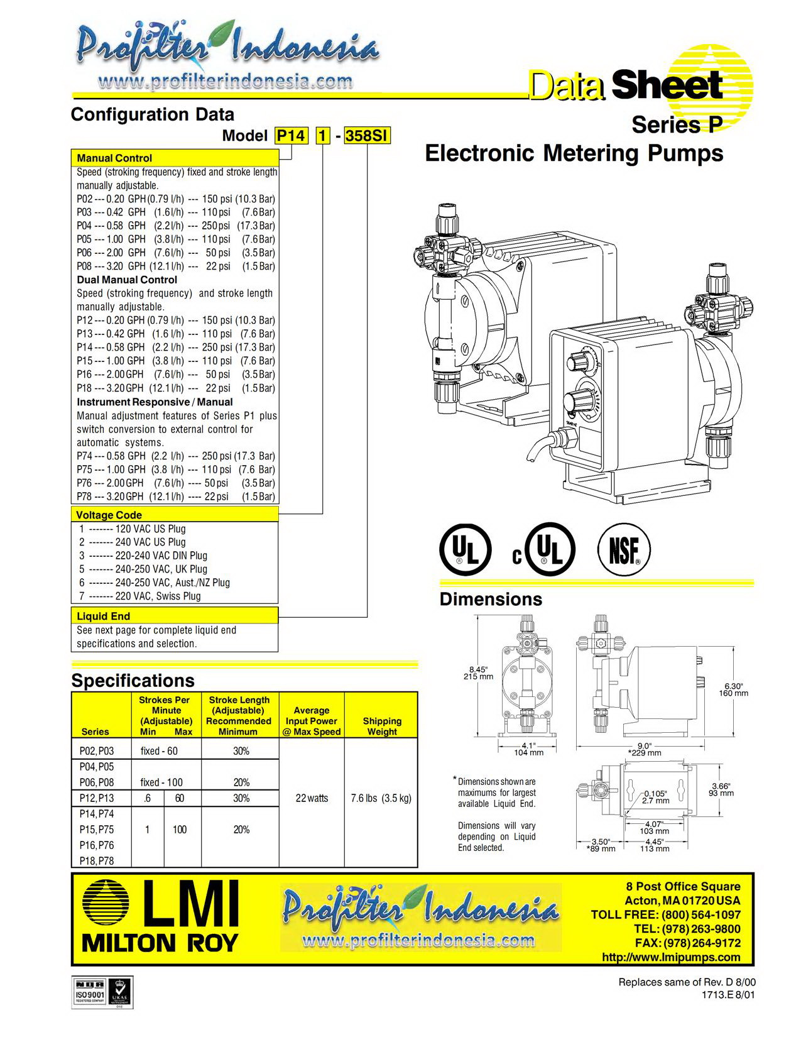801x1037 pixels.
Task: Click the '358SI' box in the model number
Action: point(368,136)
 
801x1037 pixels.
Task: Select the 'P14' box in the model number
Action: point(292,136)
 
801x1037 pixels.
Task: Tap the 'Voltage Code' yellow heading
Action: point(109,515)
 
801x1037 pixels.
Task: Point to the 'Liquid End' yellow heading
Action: point(104,616)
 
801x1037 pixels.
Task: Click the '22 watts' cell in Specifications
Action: point(312,798)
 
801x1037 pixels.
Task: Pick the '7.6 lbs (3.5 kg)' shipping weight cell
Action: point(381,798)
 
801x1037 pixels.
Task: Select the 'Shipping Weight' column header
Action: point(381,726)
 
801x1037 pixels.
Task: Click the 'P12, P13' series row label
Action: point(97,798)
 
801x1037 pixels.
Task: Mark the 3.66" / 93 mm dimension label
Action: point(722,789)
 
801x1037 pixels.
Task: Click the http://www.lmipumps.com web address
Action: point(671,957)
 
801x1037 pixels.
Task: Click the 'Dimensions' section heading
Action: point(491,599)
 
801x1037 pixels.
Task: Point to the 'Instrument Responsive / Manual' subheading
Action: point(155,402)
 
